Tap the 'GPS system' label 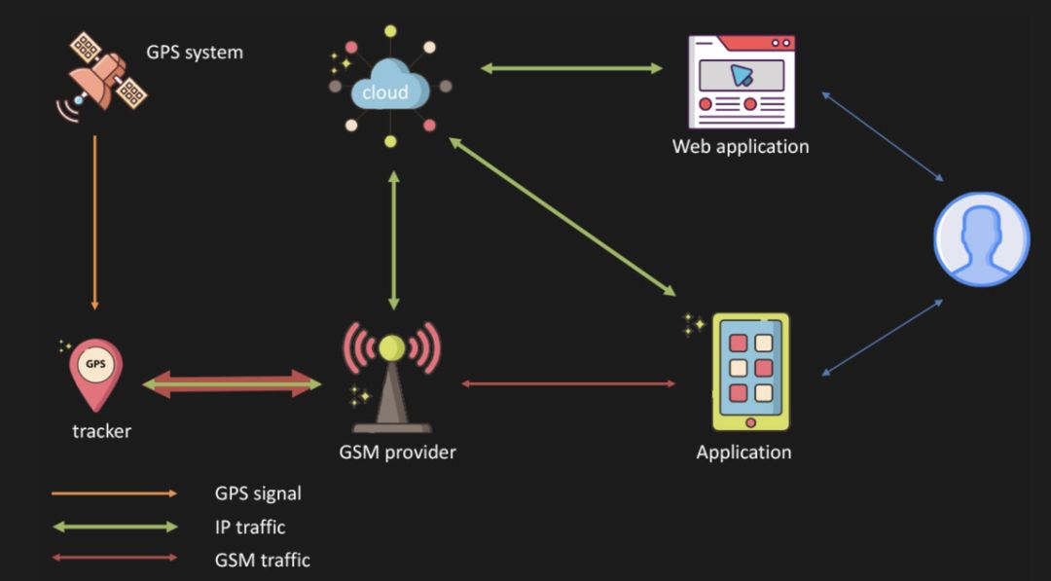[x=195, y=52]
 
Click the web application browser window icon [x=742, y=82]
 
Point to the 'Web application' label [x=741, y=147]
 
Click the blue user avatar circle [x=981, y=239]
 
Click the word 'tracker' [x=101, y=430]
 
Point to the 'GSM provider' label [x=397, y=452]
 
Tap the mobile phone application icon [x=750, y=371]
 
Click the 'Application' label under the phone [x=743, y=453]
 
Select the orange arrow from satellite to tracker [x=94, y=222]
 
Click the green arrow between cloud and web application [x=571, y=68]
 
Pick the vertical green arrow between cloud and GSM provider [x=393, y=240]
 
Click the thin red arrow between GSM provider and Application [x=568, y=383]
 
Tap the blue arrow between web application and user [x=883, y=136]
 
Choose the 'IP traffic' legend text [x=250, y=527]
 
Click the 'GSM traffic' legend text [x=262, y=560]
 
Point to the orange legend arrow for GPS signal [x=114, y=493]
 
